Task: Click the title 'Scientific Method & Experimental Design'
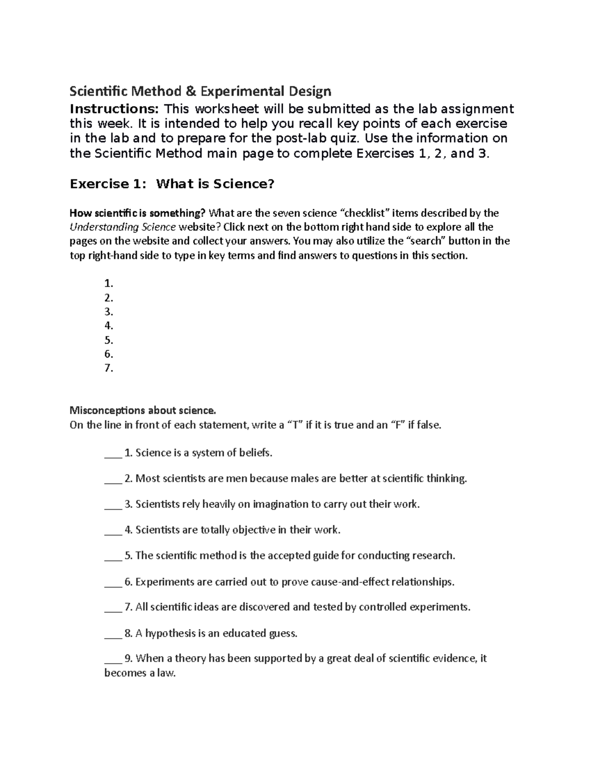(x=200, y=92)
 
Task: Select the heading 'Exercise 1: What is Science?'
(x=172, y=184)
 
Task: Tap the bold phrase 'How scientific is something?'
(x=137, y=213)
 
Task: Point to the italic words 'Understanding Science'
(x=123, y=227)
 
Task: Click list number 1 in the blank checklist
(x=109, y=283)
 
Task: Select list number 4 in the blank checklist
(x=109, y=326)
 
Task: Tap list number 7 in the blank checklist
(x=109, y=368)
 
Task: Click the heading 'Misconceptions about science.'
(x=143, y=410)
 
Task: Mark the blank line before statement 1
(x=113, y=454)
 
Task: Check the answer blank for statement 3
(x=113, y=505)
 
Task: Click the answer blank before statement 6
(x=113, y=582)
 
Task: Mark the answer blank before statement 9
(x=113, y=659)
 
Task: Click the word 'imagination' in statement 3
(x=281, y=504)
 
